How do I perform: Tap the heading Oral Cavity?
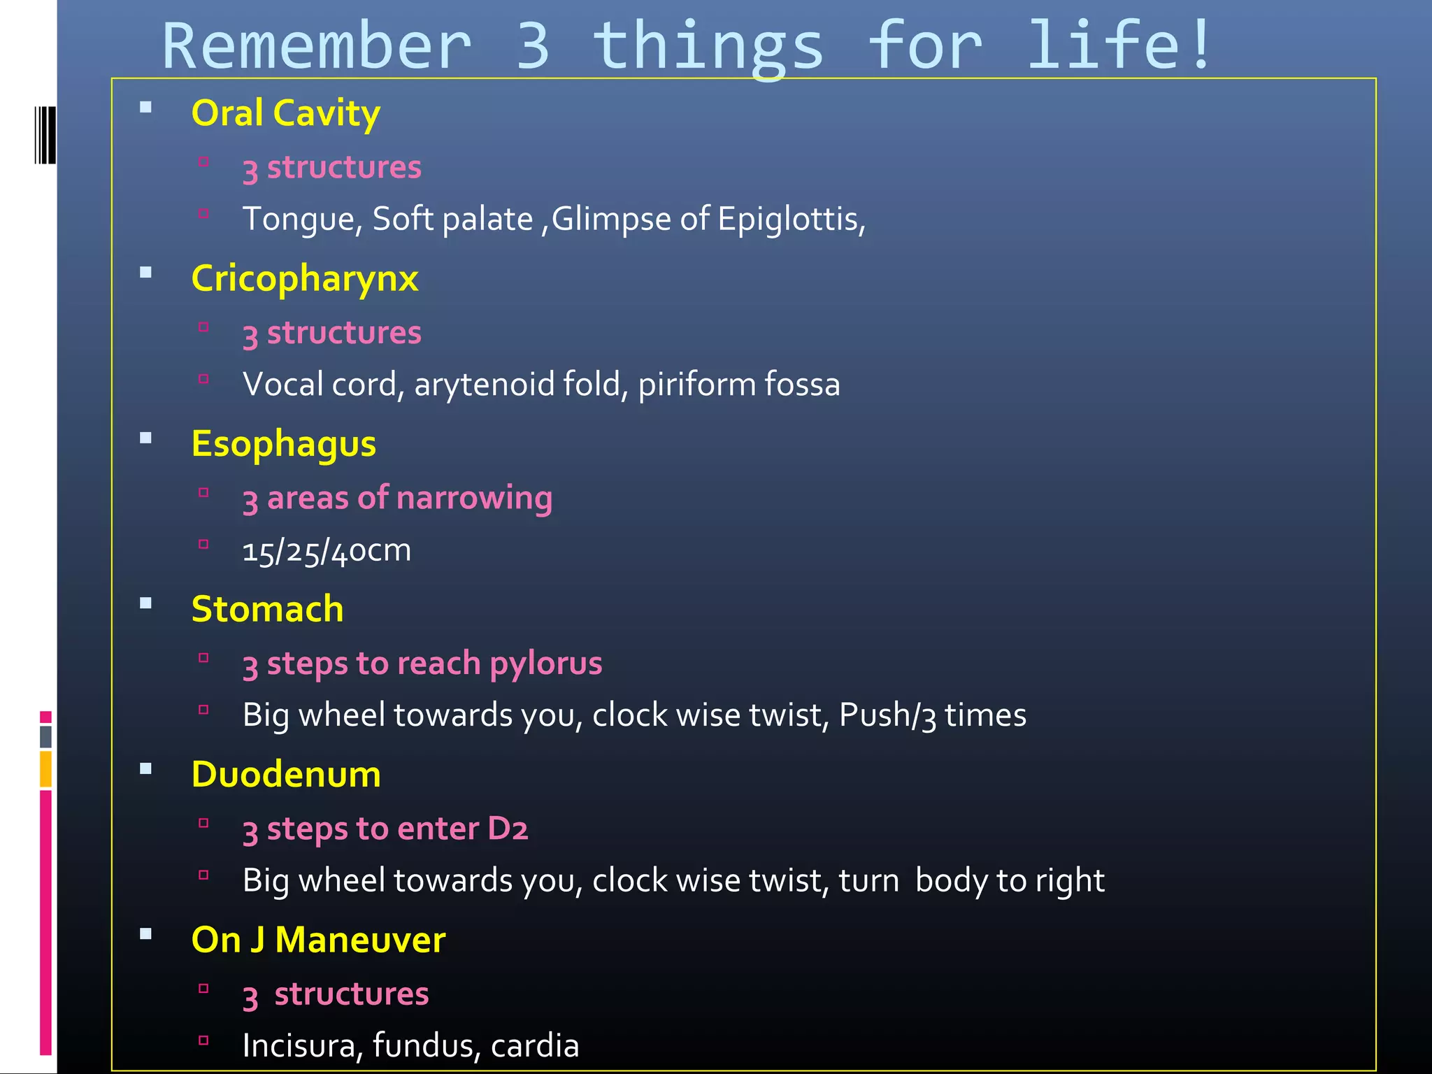pos(286,113)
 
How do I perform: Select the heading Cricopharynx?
pos(305,278)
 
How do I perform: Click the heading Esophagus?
pos(284,444)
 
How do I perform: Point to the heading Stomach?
pos(268,609)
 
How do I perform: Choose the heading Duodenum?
pos(286,774)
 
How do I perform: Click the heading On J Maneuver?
pos(318,940)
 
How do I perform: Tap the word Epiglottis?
pos(791,220)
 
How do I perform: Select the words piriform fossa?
pos(738,385)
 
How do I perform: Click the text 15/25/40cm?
pos(327,551)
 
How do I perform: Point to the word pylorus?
pos(545,664)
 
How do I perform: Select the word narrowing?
pos(474,499)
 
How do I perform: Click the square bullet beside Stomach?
pos(145,604)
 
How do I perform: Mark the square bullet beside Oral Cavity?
pos(145,108)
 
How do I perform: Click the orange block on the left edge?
pos(45,768)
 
